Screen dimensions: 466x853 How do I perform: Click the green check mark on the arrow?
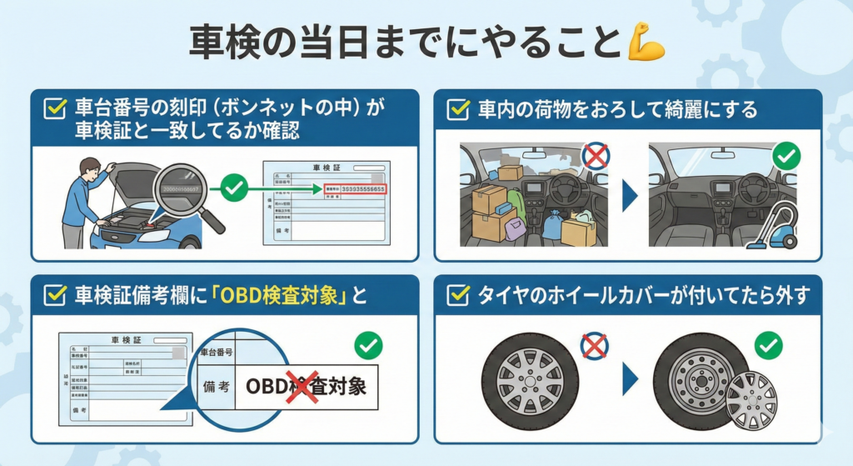pyautogui.click(x=236, y=189)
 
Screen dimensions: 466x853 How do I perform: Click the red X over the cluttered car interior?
pyautogui.click(x=595, y=155)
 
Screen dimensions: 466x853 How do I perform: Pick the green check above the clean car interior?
pyautogui.click(x=786, y=155)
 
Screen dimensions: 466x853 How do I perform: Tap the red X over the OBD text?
pyautogui.click(x=302, y=388)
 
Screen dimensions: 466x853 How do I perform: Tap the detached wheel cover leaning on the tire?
pyautogui.click(x=751, y=399)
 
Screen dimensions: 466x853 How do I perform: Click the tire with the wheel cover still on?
pyautogui.click(x=530, y=381)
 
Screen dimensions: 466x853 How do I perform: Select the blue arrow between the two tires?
pyautogui.click(x=630, y=381)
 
